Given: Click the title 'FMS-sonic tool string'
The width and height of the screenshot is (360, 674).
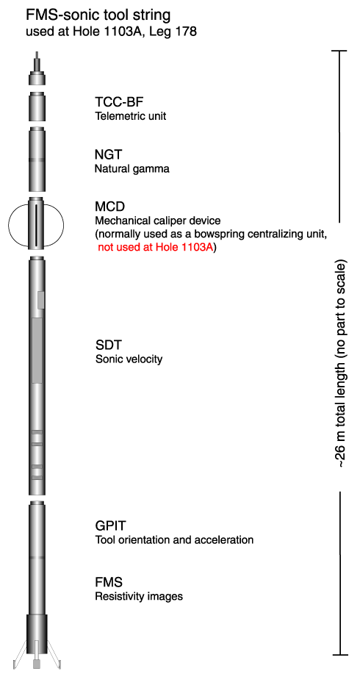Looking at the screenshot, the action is [x=98, y=15].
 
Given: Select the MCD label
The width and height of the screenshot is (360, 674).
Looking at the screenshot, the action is [x=109, y=207].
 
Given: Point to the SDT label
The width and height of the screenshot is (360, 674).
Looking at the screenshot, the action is [x=107, y=345].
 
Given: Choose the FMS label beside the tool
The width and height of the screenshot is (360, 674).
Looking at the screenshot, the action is [x=109, y=583].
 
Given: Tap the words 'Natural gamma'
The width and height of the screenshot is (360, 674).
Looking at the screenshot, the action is [x=132, y=169].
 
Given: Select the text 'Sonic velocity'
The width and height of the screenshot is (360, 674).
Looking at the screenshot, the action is [x=129, y=359].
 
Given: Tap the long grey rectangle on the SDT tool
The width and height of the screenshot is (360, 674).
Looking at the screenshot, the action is [x=37, y=351].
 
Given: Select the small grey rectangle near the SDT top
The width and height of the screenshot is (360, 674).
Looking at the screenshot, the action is [x=41, y=300].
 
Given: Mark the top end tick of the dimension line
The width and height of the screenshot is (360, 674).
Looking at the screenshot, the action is [x=340, y=51].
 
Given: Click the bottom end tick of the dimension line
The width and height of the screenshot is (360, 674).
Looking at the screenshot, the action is [x=340, y=655].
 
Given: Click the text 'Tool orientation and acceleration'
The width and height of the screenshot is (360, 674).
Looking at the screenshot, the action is [x=174, y=539].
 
